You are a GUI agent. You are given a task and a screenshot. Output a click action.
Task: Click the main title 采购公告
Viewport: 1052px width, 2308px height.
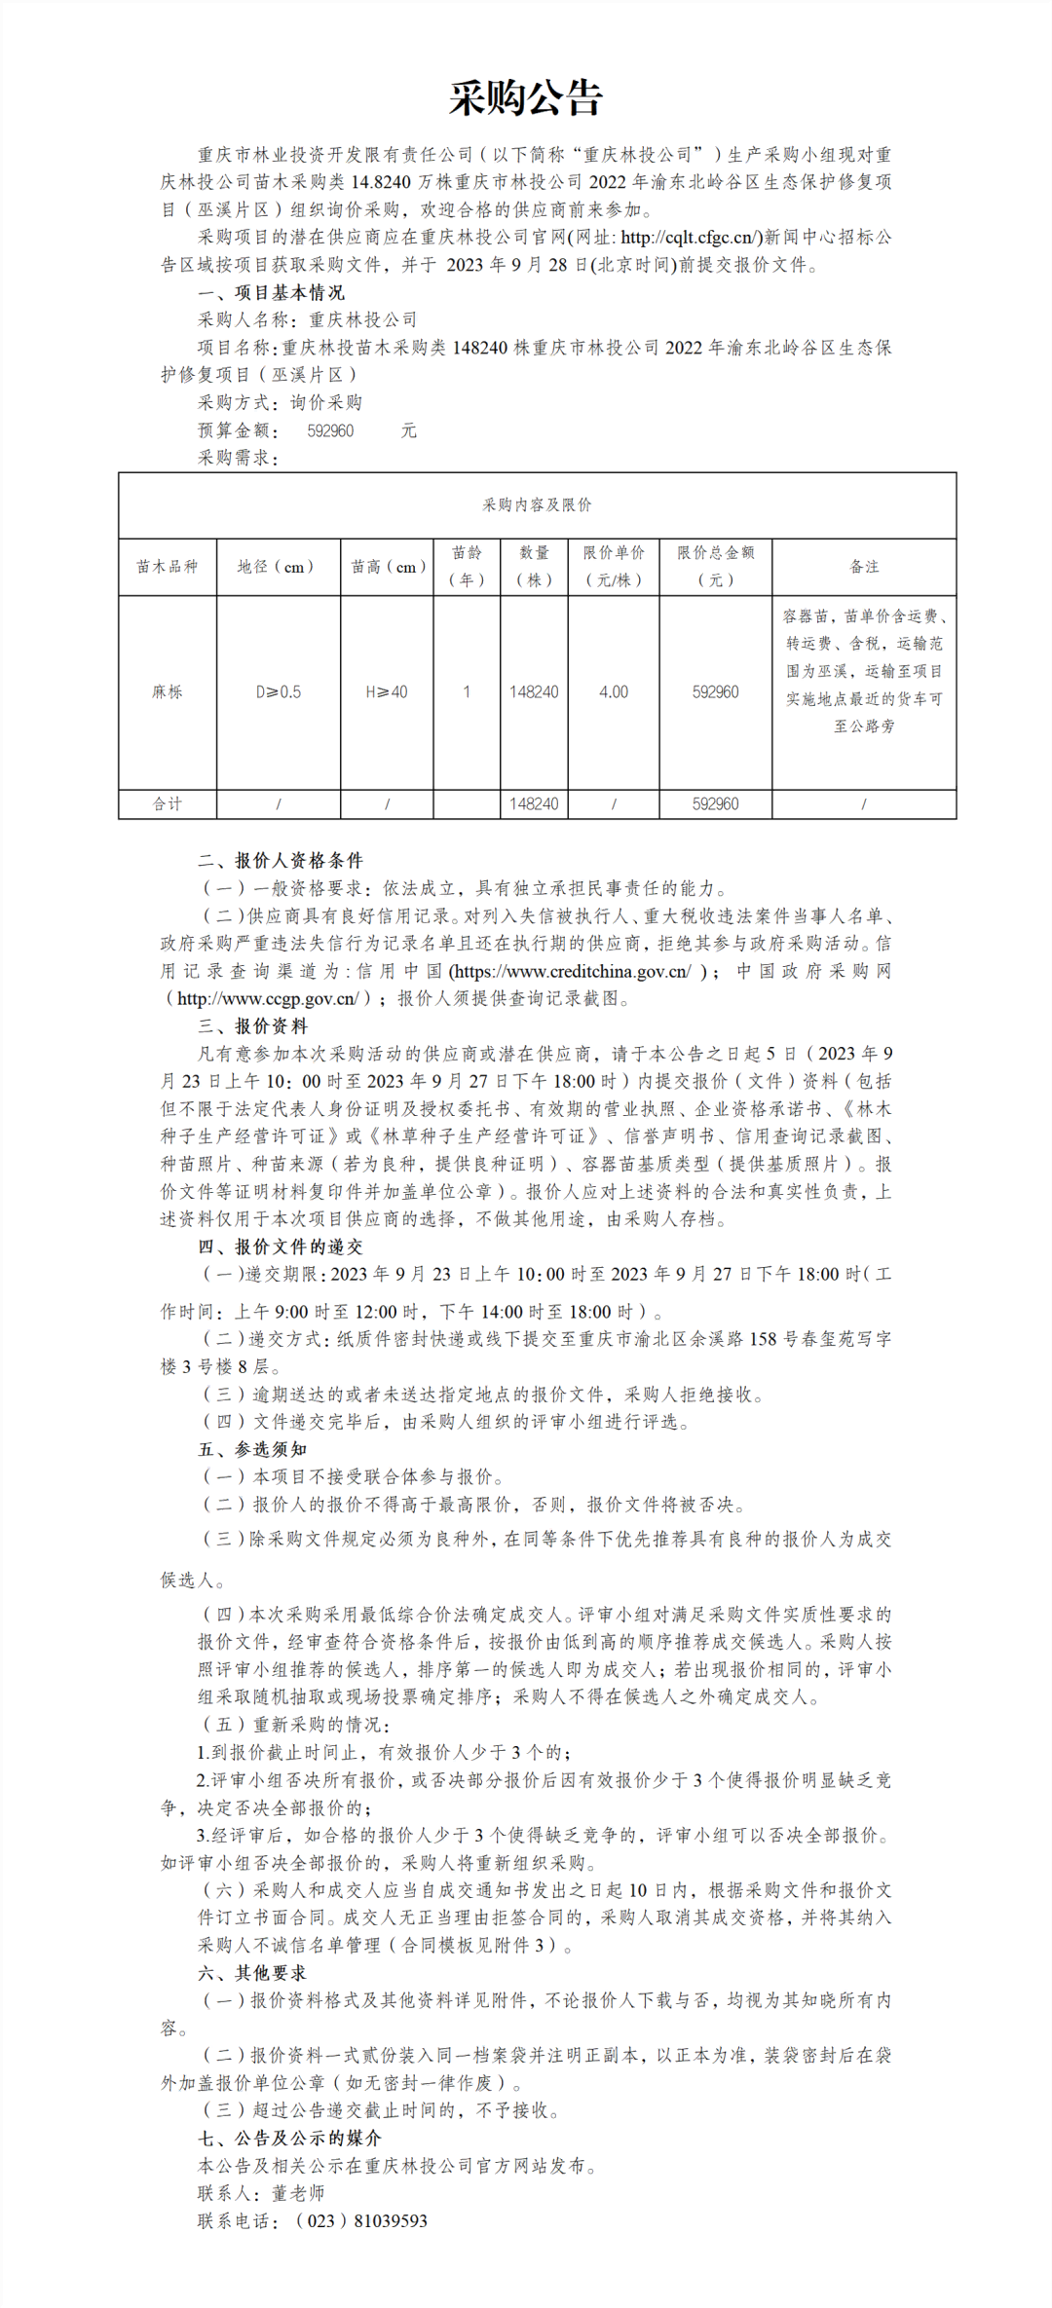point(526,98)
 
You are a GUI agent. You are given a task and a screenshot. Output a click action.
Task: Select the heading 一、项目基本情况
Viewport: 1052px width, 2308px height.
point(271,292)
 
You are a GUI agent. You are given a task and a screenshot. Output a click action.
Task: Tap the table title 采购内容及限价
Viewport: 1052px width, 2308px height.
point(537,504)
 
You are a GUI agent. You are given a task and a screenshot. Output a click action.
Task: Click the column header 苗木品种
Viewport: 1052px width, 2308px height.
point(167,566)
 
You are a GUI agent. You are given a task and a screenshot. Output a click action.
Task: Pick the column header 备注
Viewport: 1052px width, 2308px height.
point(864,566)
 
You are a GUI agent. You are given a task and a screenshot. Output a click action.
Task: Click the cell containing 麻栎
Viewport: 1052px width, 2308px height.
point(167,691)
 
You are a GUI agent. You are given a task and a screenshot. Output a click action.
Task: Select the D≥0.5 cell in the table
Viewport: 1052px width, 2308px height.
point(279,691)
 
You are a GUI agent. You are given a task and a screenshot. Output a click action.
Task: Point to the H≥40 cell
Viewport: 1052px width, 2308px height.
point(387,691)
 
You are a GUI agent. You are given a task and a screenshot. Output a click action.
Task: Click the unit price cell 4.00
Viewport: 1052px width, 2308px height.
point(614,691)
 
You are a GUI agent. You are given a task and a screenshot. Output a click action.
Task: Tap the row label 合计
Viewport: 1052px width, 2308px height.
point(167,803)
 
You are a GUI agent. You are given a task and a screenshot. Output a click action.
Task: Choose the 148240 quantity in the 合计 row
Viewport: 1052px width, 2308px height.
point(534,803)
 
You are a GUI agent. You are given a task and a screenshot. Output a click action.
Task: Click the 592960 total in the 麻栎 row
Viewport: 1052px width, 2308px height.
point(715,691)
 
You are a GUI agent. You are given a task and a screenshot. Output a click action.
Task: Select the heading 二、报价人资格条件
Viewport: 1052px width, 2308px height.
point(281,860)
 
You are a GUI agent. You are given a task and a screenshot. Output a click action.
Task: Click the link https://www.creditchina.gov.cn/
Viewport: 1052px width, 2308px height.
point(572,971)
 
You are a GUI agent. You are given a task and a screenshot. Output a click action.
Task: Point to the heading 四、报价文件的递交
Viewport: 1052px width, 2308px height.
point(281,1247)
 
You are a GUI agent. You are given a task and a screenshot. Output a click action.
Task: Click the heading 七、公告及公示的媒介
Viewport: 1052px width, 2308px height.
point(289,2138)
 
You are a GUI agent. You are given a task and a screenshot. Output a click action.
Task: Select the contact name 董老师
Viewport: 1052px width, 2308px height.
point(297,2193)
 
